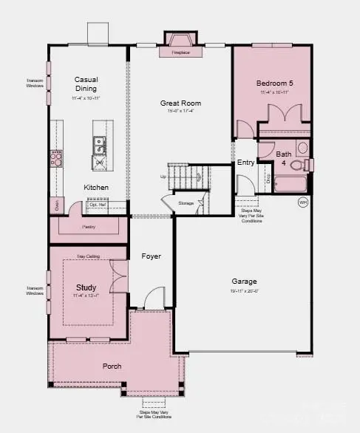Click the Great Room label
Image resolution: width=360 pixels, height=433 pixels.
tap(181, 103)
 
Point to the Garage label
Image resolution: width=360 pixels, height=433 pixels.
tap(243, 282)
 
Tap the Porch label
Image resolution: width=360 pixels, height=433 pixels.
tap(112, 366)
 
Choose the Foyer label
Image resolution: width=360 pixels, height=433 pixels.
tap(152, 256)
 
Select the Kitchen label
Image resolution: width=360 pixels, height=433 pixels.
tap(96, 188)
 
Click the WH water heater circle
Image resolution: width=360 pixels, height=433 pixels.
tap(302, 202)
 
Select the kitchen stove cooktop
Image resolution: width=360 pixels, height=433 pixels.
tap(56, 156)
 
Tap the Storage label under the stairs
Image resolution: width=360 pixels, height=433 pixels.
tap(186, 202)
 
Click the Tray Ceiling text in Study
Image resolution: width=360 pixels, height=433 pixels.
tap(87, 256)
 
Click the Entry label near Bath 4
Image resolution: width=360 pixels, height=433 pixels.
tap(245, 163)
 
